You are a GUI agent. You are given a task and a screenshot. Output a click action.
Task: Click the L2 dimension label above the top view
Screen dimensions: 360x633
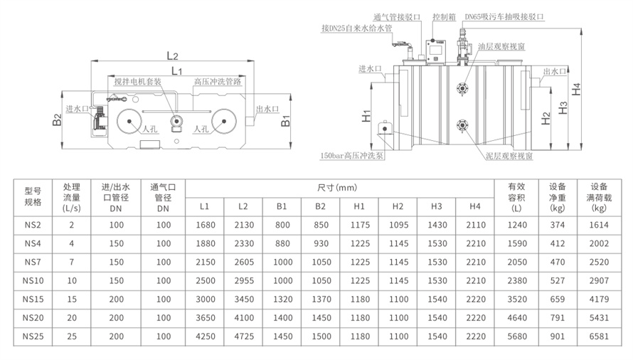click(171, 55)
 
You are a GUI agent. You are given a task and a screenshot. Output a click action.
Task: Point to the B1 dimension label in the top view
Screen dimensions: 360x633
click(285, 122)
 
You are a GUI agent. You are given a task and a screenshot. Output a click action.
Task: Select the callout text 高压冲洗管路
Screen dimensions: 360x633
click(218, 82)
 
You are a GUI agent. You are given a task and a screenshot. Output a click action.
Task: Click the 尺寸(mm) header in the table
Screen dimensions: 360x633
click(338, 188)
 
